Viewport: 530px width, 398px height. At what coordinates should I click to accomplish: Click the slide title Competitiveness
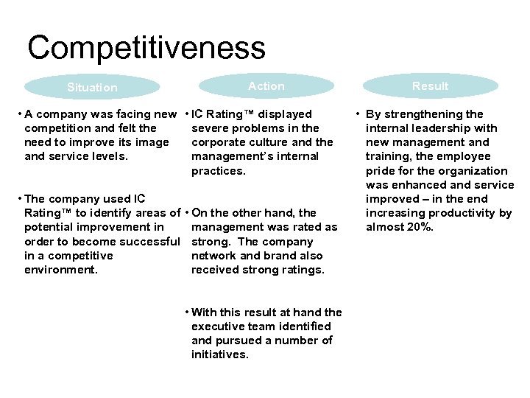pyautogui.click(x=146, y=48)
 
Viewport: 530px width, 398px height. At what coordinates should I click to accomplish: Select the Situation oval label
pyautogui.click(x=92, y=88)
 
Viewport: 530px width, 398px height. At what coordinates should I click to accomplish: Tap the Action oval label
pyautogui.click(x=266, y=86)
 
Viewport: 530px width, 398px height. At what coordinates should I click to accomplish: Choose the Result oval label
pyautogui.click(x=430, y=86)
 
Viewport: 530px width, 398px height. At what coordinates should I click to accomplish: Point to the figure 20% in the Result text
pyautogui.click(x=420, y=227)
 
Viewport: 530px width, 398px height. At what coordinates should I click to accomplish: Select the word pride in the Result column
pyautogui.click(x=381, y=170)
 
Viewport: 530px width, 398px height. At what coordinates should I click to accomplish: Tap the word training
pyautogui.click(x=389, y=156)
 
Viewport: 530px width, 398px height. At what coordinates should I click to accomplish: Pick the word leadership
pyautogui.click(x=435, y=128)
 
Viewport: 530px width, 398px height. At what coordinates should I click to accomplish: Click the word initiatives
pyautogui.click(x=219, y=355)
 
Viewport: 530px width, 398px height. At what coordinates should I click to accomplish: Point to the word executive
pyautogui.click(x=215, y=327)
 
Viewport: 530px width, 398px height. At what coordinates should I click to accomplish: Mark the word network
pyautogui.click(x=213, y=256)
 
